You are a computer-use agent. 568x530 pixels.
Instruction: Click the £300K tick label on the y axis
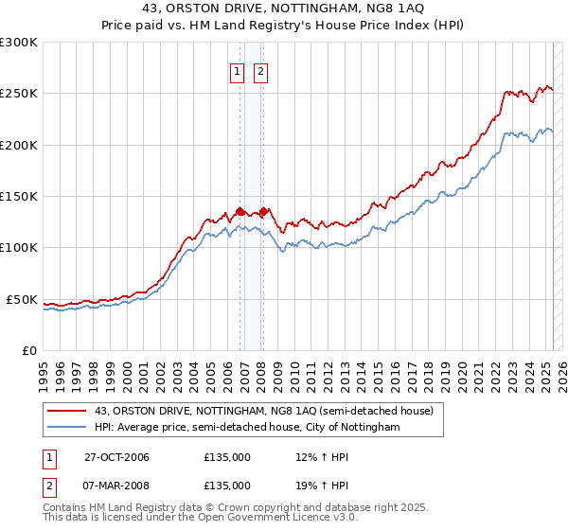click(x=19, y=43)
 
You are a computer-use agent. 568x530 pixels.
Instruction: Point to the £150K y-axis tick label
click(x=19, y=197)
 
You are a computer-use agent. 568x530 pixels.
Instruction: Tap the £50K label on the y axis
click(x=23, y=299)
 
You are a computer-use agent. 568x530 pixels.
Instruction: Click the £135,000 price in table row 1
click(x=227, y=457)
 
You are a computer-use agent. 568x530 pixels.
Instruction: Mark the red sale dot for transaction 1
click(x=240, y=211)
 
